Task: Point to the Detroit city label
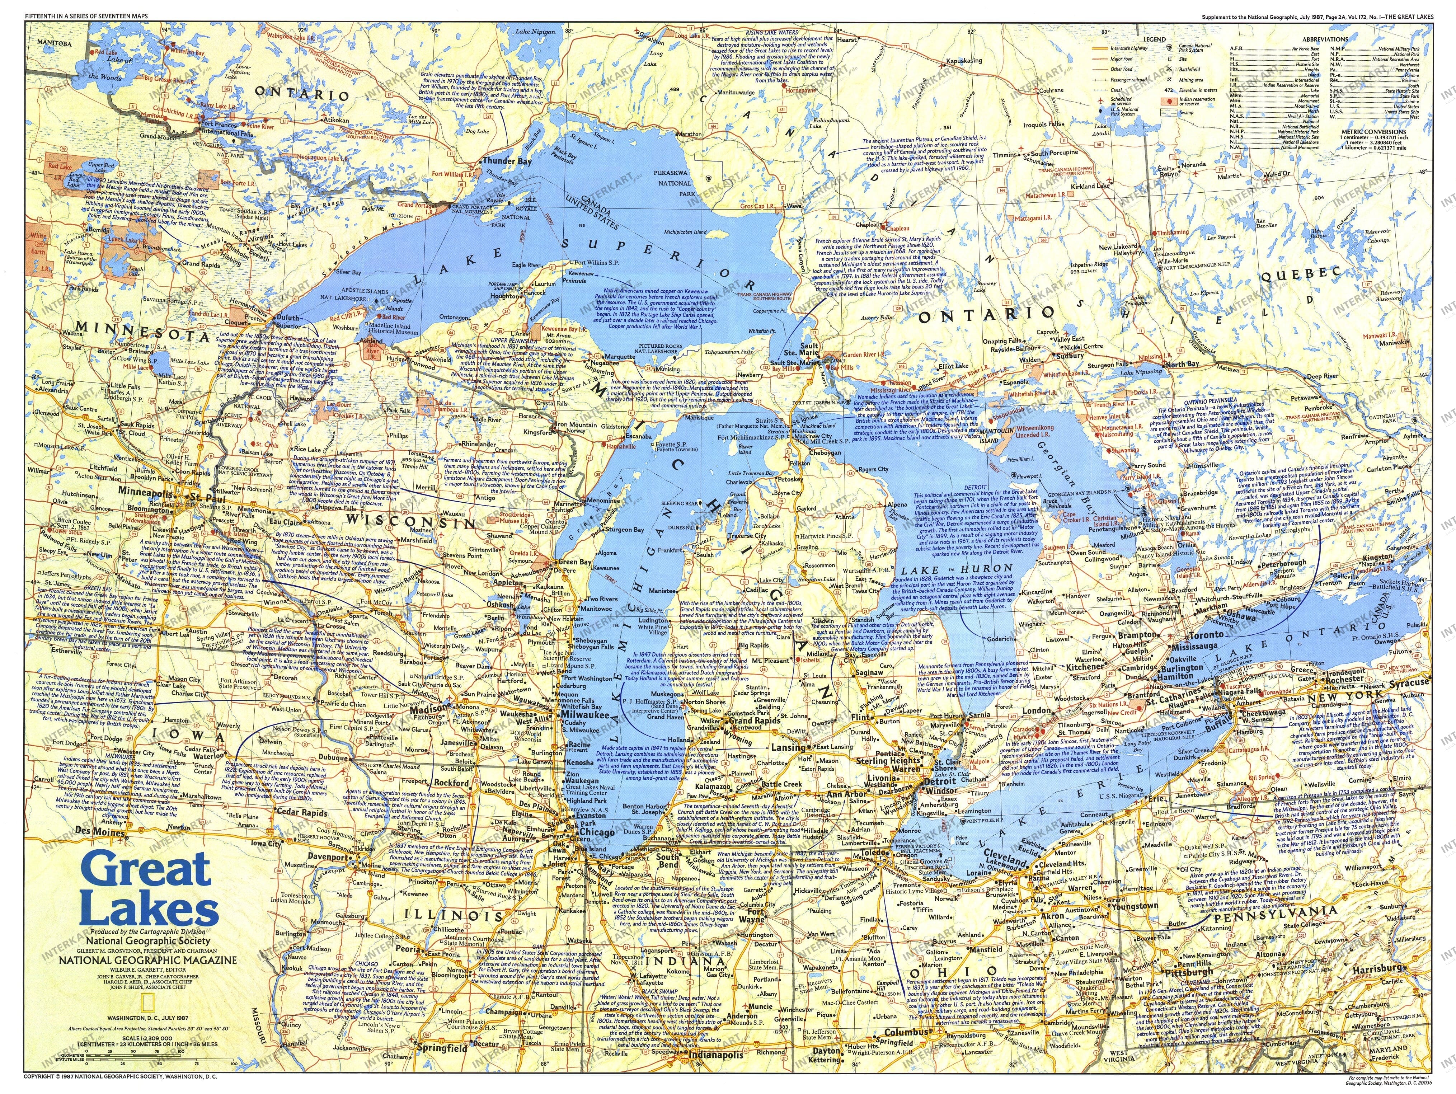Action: [x=939, y=781]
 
